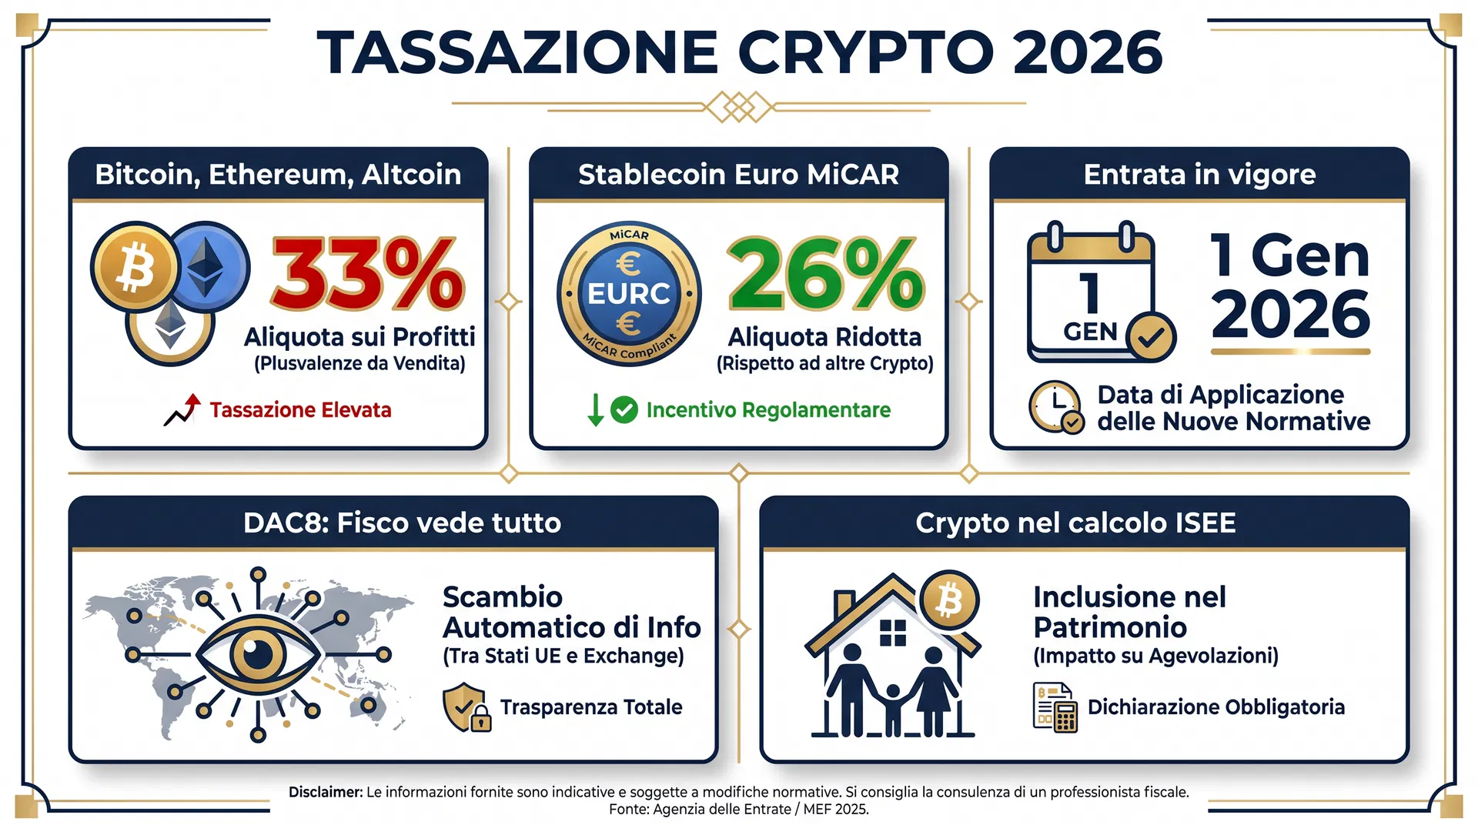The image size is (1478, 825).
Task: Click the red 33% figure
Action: coord(368,273)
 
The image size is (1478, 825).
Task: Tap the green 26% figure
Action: coord(825,273)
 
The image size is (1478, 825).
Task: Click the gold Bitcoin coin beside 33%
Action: coord(135,267)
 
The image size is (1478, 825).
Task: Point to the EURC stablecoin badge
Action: coord(629,294)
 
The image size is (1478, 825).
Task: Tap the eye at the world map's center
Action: coord(258,654)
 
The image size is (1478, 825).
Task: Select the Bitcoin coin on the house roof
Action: coord(949,600)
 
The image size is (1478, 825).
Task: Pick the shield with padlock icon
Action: coord(466,707)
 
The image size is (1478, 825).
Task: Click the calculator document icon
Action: coord(1055,707)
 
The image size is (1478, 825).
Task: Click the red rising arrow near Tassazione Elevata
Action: coord(182,410)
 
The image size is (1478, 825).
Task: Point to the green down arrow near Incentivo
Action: coord(595,409)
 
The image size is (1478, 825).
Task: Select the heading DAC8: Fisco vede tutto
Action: coord(402,523)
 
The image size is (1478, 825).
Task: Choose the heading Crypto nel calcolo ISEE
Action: coord(1075,523)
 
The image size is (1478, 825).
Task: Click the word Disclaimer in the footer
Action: coord(325,792)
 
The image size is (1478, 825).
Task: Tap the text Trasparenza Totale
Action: coord(591,707)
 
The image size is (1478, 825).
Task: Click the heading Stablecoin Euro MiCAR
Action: coord(738,175)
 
